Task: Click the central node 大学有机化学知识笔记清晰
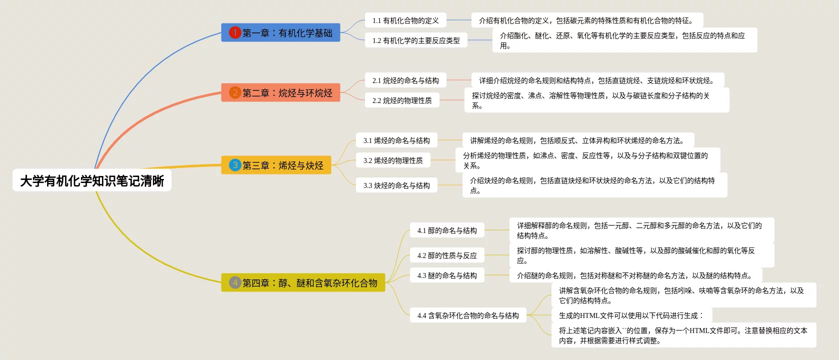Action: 92,180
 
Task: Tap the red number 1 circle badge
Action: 235,32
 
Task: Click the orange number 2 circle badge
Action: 235,92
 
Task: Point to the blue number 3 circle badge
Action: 235,165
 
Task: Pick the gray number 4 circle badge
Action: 235,282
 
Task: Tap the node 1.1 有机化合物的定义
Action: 405,20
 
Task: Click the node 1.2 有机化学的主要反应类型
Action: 416,40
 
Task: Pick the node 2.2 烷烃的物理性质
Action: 402,100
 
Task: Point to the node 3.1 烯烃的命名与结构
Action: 396,140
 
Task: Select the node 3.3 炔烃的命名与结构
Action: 396,185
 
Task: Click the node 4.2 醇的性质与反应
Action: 447,255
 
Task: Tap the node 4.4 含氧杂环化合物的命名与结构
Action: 468,315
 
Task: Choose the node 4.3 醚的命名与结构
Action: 447,275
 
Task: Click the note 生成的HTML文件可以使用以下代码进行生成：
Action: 631,315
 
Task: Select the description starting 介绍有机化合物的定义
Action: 586,20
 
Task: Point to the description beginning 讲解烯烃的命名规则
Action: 577,140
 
